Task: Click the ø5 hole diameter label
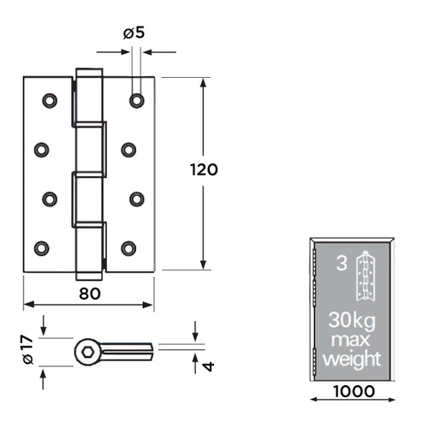point(133,34)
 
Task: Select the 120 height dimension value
point(204,169)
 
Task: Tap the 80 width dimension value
point(89,293)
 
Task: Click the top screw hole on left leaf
point(50,100)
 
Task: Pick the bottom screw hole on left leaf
point(41,248)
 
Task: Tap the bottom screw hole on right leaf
point(128,248)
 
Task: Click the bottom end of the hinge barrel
point(89,274)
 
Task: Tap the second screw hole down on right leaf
point(128,150)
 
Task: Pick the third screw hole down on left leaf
point(50,199)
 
